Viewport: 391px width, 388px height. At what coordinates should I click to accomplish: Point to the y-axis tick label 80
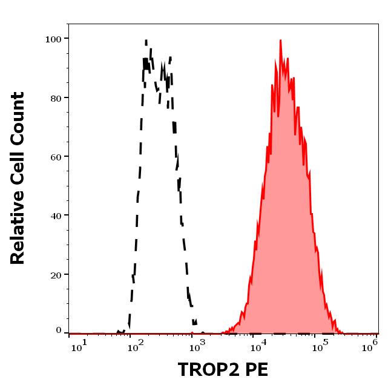56,98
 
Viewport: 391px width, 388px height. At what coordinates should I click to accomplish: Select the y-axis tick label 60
56,157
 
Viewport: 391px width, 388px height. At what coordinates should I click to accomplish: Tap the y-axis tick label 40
56,215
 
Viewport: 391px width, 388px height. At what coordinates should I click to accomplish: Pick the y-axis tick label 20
56,274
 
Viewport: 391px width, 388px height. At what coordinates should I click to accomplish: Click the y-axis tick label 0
59,331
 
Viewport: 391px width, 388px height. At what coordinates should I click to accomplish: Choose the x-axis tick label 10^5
318,344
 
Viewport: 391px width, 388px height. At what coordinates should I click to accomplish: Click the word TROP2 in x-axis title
205,369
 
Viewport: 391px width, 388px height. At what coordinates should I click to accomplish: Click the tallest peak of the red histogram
280,41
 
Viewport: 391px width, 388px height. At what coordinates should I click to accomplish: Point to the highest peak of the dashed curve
146,41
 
